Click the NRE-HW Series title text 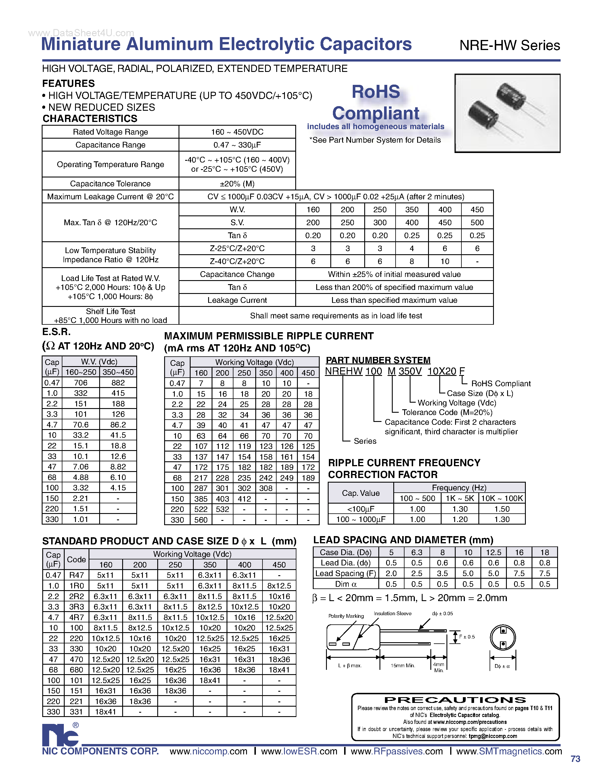(509, 45)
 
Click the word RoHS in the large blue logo (375, 92)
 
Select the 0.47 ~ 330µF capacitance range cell (237, 145)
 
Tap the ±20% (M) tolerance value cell (237, 184)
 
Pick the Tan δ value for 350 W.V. (412, 236)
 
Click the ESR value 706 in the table (80, 383)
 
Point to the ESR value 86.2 (118, 425)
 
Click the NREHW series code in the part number (344, 371)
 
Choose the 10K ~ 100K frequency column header (502, 498)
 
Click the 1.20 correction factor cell (460, 519)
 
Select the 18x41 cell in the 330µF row (105, 712)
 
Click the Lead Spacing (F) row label (345, 573)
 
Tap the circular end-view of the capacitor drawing (503, 638)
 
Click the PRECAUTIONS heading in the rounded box (455, 700)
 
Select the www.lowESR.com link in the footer (299, 751)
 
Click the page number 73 (576, 759)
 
